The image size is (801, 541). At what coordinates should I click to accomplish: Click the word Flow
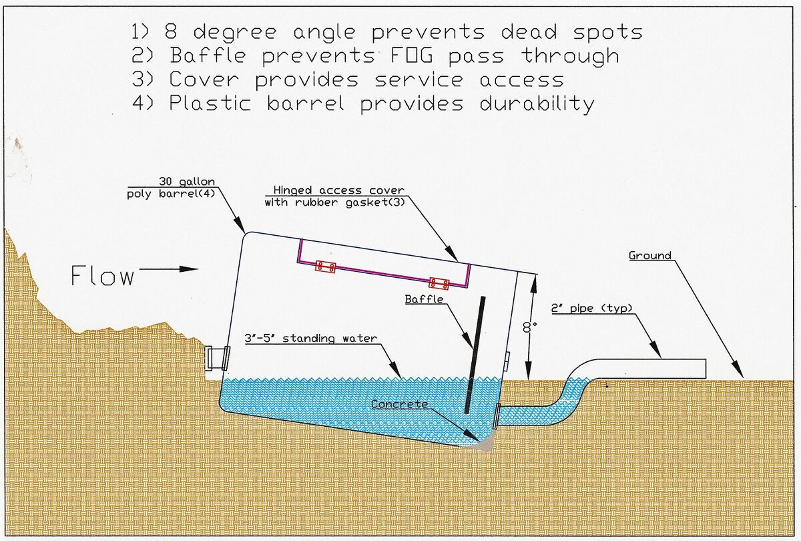(103, 275)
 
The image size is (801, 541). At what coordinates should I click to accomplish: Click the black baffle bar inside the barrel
(475, 355)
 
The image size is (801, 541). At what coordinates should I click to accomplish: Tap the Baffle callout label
(424, 299)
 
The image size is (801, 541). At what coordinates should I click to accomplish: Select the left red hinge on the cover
(326, 267)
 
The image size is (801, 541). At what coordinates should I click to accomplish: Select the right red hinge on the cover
(439, 283)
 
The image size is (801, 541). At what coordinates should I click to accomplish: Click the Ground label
(649, 255)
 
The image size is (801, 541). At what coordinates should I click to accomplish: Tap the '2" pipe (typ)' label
(592, 308)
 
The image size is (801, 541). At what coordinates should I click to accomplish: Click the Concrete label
(399, 404)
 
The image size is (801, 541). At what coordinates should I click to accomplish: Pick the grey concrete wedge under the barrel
(483, 443)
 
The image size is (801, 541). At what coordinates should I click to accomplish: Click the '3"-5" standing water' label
(311, 338)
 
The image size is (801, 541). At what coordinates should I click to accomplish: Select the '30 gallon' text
(187, 182)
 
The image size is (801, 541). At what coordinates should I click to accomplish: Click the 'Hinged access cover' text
(338, 190)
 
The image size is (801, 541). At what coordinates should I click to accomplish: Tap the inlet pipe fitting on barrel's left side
(217, 358)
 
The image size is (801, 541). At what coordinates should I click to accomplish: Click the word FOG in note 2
(412, 56)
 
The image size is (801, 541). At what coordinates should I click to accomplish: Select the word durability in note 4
(537, 104)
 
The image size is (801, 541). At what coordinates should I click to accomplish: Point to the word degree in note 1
(235, 33)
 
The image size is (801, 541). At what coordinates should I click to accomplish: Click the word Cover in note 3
(204, 79)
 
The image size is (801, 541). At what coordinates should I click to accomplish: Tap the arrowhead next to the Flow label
(189, 268)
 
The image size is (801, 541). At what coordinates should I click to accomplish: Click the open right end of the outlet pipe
(706, 369)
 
